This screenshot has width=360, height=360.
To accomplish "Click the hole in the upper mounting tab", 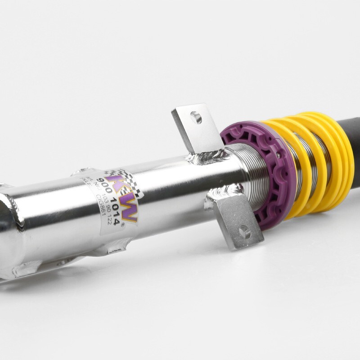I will pyautogui.click(x=196, y=118).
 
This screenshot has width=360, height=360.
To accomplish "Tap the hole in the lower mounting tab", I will pyautogui.click(x=244, y=232).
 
